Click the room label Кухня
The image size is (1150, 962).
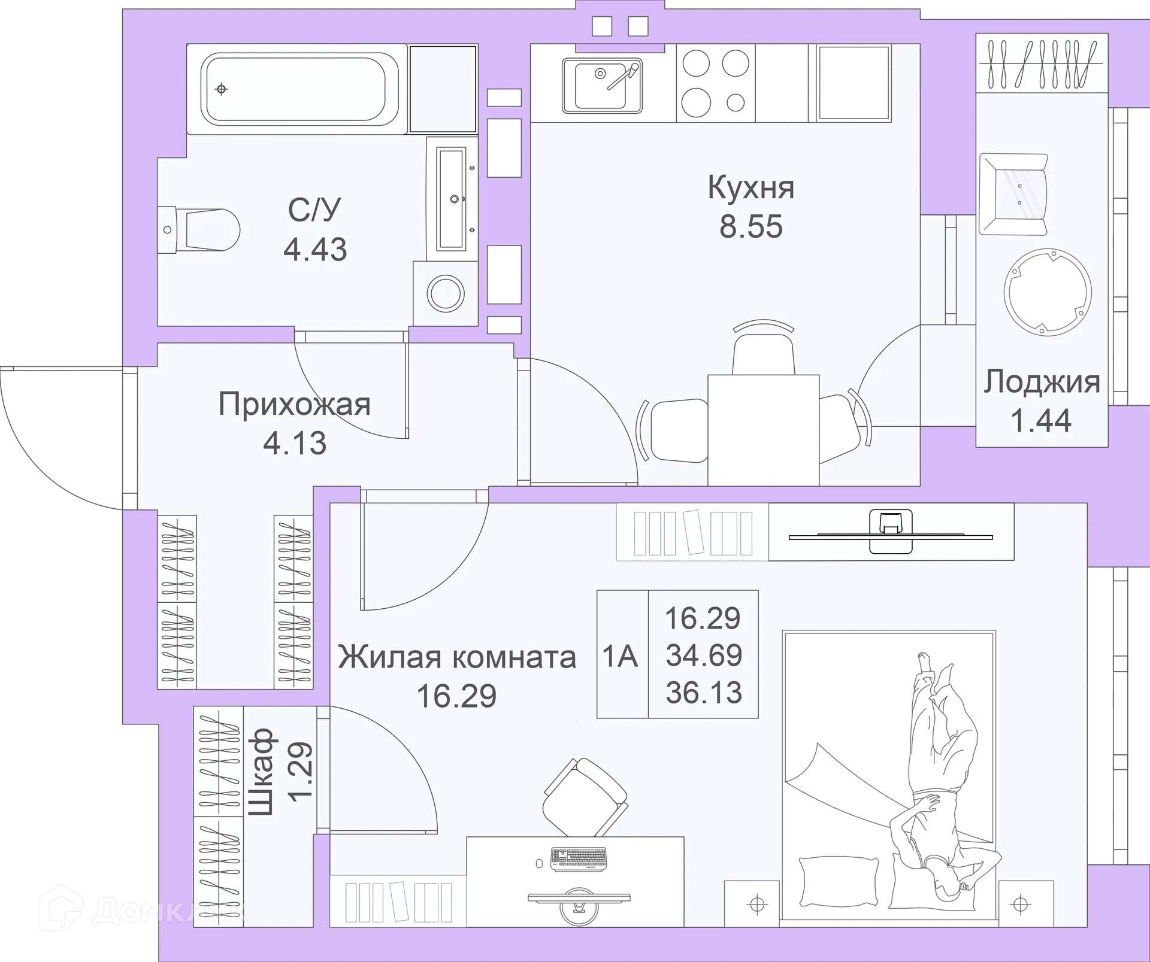pyautogui.click(x=750, y=187)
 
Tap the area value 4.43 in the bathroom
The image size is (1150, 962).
pyautogui.click(x=315, y=250)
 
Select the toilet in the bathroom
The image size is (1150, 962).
pyautogui.click(x=204, y=230)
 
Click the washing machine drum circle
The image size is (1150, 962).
pyautogui.click(x=446, y=294)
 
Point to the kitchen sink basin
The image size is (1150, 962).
pyautogui.click(x=600, y=86)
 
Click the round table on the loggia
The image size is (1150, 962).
pyautogui.click(x=1048, y=292)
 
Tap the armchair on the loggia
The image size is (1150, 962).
pyautogui.click(x=1014, y=194)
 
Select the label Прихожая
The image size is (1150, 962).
pyautogui.click(x=294, y=404)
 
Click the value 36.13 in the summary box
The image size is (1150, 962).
pyautogui.click(x=704, y=693)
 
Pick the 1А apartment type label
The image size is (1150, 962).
pyautogui.click(x=621, y=656)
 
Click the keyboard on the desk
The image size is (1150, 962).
pyautogui.click(x=579, y=858)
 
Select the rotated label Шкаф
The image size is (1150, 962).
pyautogui.click(x=261, y=772)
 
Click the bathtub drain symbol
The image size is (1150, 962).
pyautogui.click(x=222, y=89)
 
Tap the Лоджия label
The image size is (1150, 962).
pyautogui.click(x=1042, y=381)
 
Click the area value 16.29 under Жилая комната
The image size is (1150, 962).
pyautogui.click(x=456, y=696)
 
